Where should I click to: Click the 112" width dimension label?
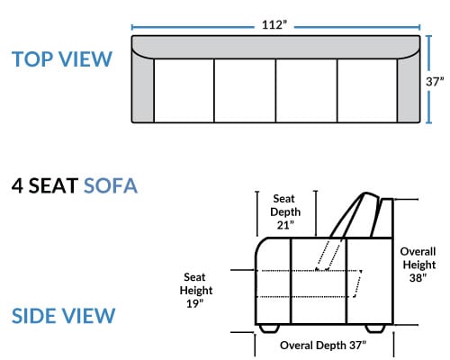click(274, 24)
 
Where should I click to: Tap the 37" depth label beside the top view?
click(435, 81)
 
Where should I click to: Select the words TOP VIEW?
click(62, 58)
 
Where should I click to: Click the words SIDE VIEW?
click(63, 316)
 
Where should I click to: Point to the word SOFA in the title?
click(111, 185)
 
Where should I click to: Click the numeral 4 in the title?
click(17, 185)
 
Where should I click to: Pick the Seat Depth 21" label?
click(285, 211)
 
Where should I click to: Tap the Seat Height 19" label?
click(196, 290)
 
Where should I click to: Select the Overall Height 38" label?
click(418, 265)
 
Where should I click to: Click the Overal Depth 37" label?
click(323, 345)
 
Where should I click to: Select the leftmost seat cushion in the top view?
click(184, 91)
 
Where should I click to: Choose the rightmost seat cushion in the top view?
click(367, 91)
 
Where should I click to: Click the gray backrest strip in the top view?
click(275, 47)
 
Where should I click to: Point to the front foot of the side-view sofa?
click(269, 328)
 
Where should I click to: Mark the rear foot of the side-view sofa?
click(375, 328)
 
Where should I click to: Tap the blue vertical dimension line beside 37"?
click(428, 79)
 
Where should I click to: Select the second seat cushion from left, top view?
click(245, 91)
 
